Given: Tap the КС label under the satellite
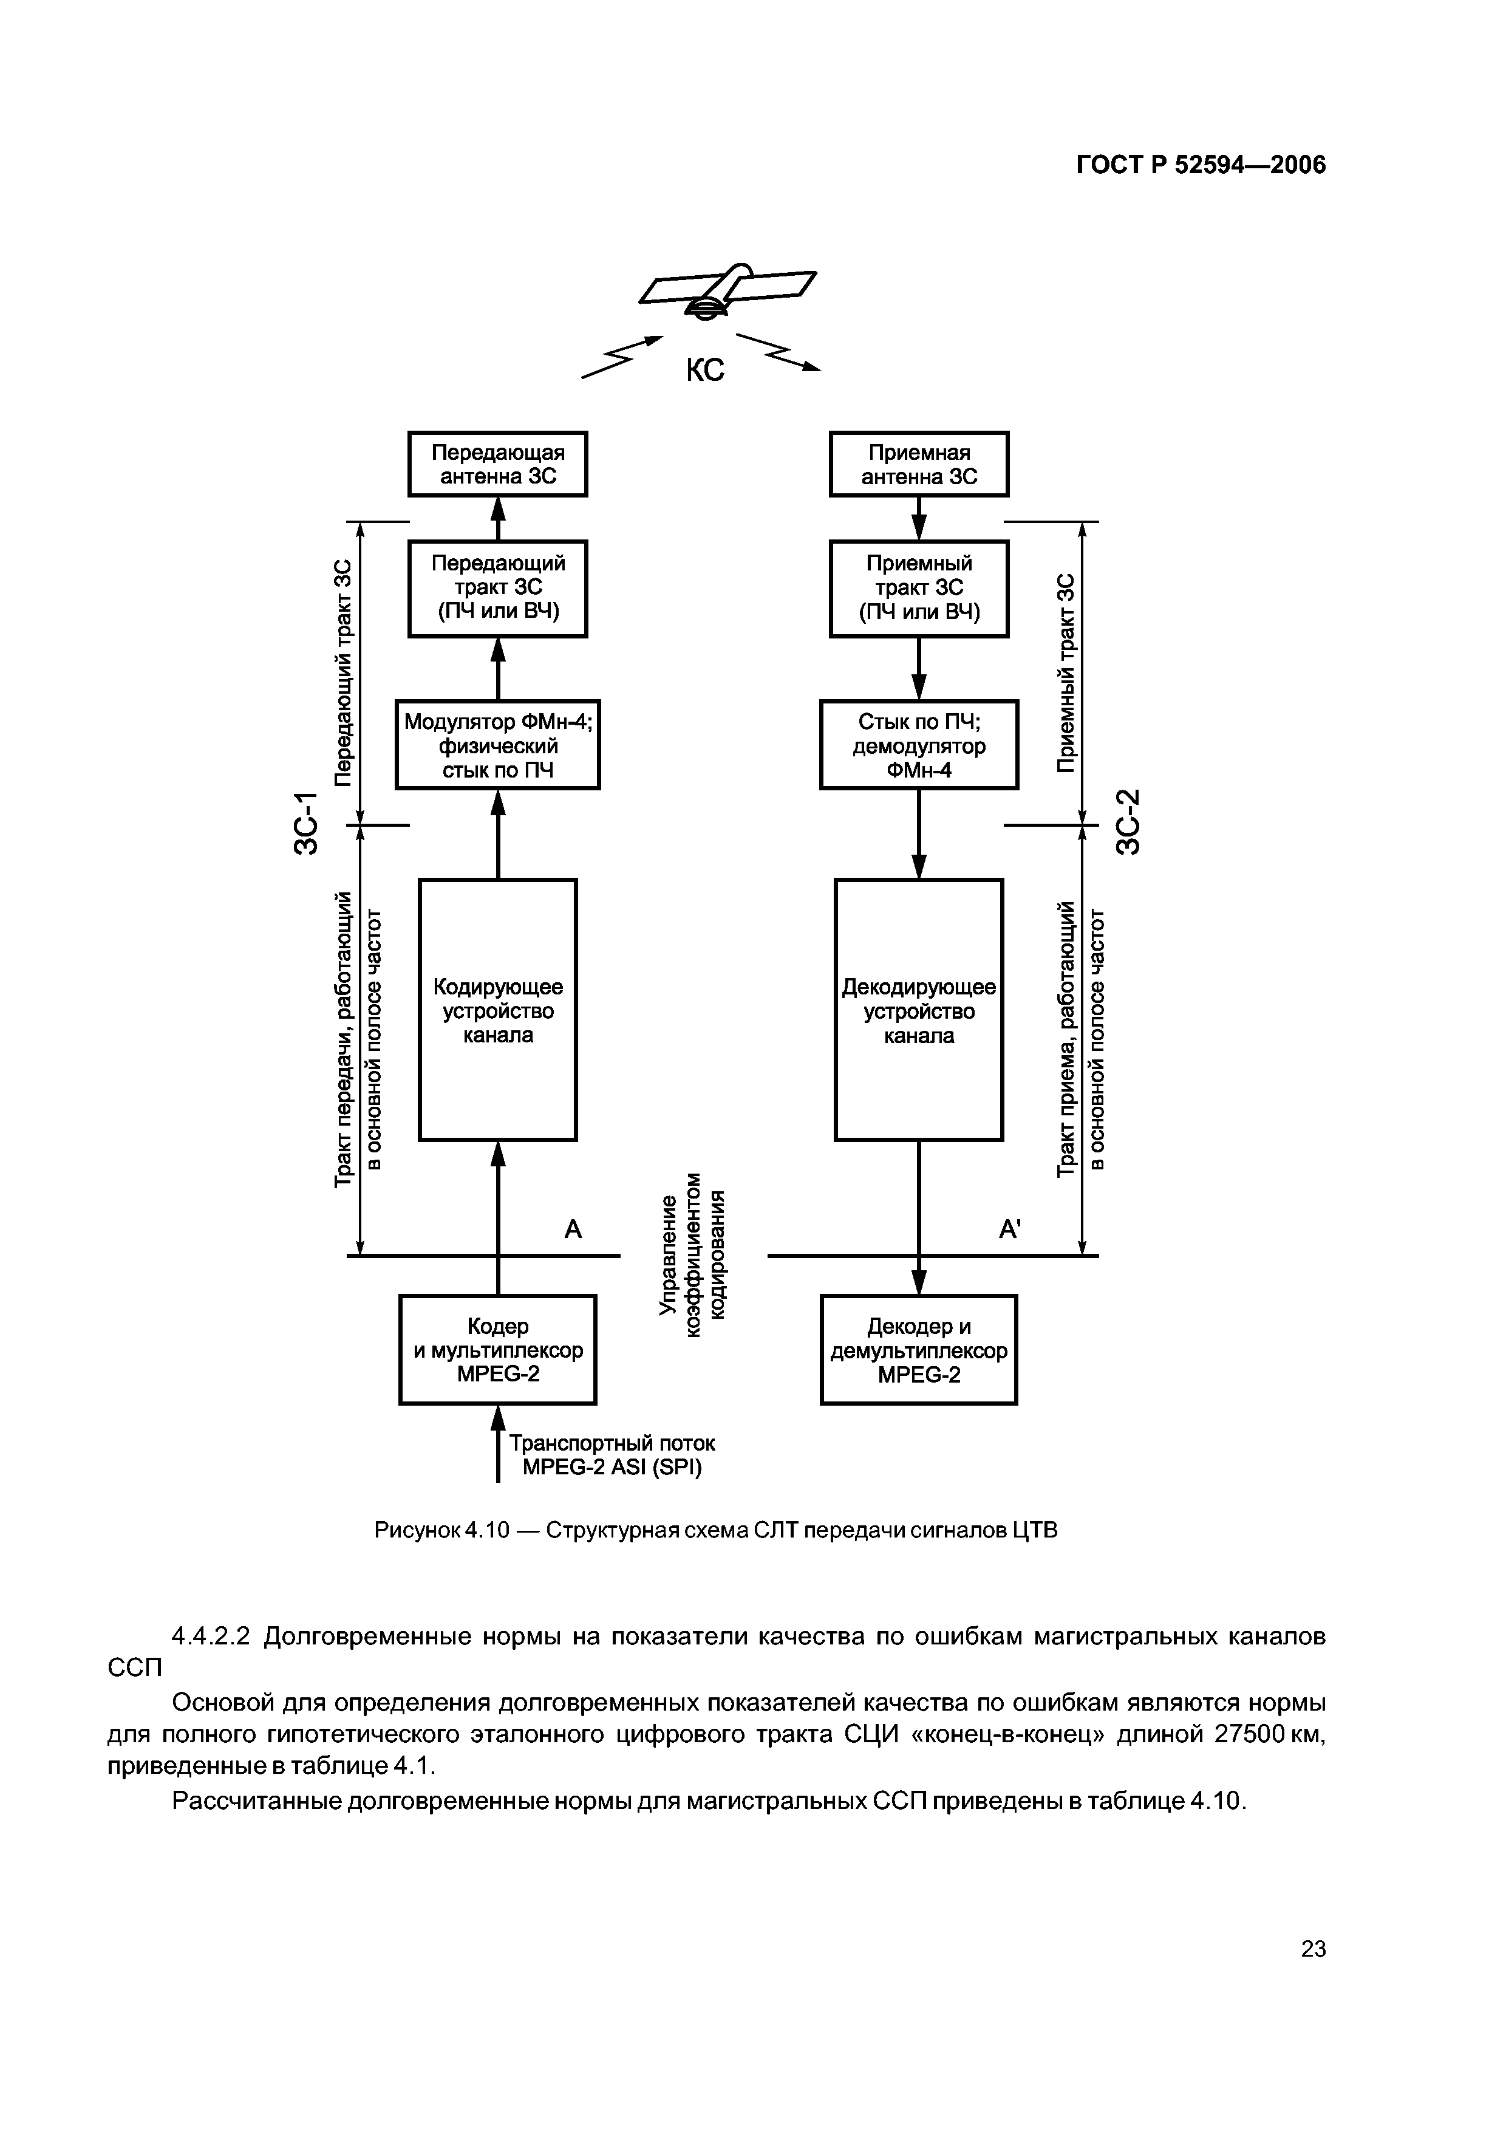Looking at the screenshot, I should coord(704,371).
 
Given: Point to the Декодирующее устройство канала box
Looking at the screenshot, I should coord(919,1010).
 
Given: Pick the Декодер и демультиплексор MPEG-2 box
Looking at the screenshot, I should coord(919,1350).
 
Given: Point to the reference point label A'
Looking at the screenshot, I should coord(1010,1230).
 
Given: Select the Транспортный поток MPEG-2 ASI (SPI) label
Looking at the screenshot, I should coord(613,1455).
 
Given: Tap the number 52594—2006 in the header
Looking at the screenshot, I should coord(1250,165).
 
